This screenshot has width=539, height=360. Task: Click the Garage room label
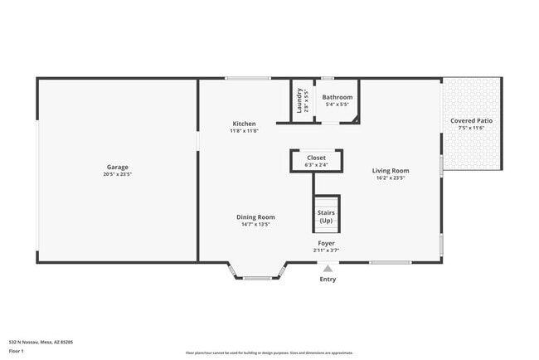click(117, 167)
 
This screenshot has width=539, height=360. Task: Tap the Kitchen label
click(244, 124)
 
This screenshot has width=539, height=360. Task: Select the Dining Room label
click(255, 216)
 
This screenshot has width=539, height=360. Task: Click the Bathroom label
click(337, 97)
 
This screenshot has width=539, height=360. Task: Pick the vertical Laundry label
click(300, 100)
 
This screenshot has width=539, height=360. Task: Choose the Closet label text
click(316, 157)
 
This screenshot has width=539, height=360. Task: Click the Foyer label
click(326, 243)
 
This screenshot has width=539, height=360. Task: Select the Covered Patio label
click(471, 120)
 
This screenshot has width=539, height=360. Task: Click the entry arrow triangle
click(328, 268)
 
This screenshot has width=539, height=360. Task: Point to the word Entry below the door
click(328, 279)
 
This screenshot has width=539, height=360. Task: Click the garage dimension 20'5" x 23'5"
click(117, 174)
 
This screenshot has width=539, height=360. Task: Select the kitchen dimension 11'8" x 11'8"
click(244, 131)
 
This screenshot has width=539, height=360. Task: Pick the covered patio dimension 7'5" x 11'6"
click(471, 128)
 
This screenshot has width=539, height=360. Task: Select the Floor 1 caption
click(17, 351)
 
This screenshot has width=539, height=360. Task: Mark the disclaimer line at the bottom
click(269, 353)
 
